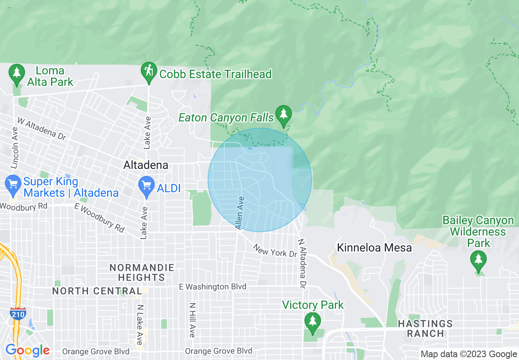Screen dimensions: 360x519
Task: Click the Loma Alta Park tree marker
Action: tap(16, 72)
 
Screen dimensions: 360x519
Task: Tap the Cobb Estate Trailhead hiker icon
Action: tap(148, 71)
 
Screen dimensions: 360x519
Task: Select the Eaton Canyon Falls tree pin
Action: tap(283, 115)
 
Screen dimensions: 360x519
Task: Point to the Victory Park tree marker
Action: tap(313, 320)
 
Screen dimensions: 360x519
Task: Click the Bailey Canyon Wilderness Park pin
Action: tap(478, 259)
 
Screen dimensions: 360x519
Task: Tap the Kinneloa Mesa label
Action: tap(374, 248)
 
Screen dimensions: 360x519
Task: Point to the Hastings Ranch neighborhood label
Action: tap(425, 328)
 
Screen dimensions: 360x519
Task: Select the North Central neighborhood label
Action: tap(97, 291)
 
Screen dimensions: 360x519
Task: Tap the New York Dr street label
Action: tap(275, 251)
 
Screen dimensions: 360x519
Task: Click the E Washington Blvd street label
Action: tap(213, 287)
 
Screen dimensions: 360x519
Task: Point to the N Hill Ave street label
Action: tap(192, 320)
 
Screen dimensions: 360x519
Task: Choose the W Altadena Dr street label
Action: tap(42, 129)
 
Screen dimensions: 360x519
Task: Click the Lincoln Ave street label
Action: tap(15, 148)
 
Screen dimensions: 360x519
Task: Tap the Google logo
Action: tap(27, 350)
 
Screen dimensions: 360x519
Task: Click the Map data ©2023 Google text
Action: tap(469, 354)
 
